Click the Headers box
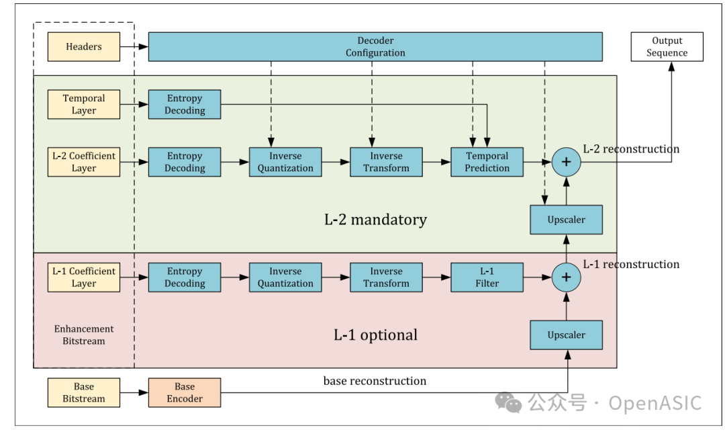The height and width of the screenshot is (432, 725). pos(84,47)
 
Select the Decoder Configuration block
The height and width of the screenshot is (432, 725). pos(375,47)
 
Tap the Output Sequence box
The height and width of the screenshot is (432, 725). pos(667,47)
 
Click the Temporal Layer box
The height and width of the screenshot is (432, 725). pos(84,105)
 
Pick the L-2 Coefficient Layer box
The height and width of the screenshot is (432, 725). pos(84,162)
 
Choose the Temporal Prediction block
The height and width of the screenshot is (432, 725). pos(487,162)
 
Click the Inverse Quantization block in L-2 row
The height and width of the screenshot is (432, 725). pos(285,162)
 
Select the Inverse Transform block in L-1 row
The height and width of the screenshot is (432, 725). pos(386,277)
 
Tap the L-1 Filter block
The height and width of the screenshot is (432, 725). pos(487,277)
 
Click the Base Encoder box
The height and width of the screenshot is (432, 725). pos(185,393)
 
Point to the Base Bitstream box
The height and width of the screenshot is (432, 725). pos(84,393)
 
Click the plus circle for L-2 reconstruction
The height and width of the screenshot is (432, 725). pos(566,162)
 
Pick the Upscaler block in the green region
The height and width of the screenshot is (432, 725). pos(566,220)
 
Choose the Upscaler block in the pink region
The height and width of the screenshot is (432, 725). pos(566,335)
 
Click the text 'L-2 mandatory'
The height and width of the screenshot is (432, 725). pos(375,220)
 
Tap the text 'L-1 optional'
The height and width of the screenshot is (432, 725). pos(375,335)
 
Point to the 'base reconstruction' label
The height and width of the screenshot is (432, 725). pos(375,381)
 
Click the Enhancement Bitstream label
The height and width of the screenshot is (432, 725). pos(84,335)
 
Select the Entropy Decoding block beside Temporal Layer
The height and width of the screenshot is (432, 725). pos(185,105)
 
